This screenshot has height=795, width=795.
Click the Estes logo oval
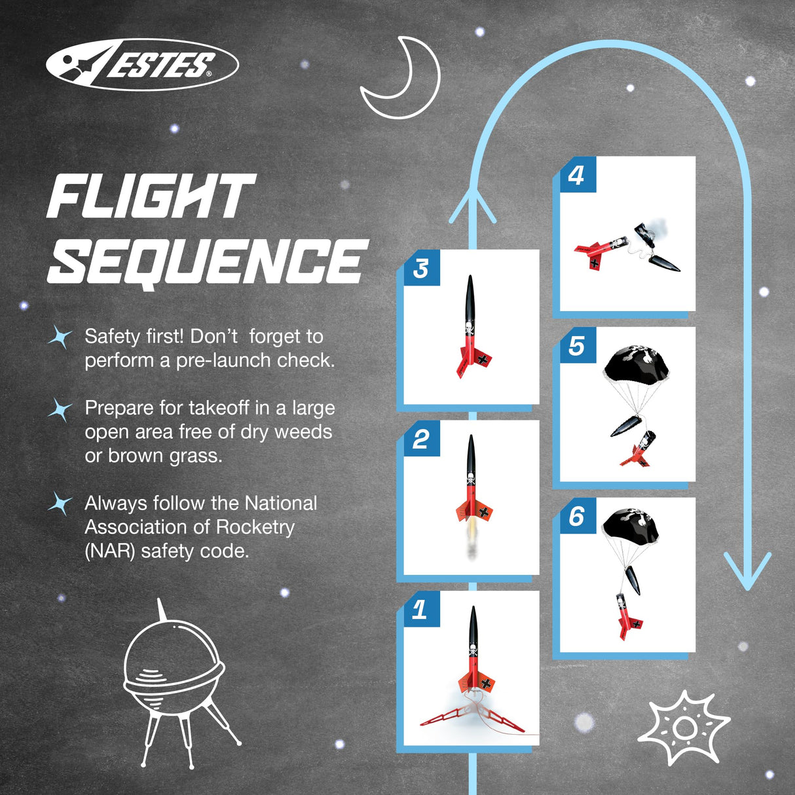(142, 64)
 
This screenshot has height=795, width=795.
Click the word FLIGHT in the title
(151, 196)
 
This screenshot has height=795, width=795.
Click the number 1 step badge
(421, 609)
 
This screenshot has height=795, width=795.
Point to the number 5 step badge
(578, 345)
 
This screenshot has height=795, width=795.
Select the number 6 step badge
(578, 515)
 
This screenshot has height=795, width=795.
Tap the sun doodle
(684, 728)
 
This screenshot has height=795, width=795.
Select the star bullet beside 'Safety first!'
(60, 336)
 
